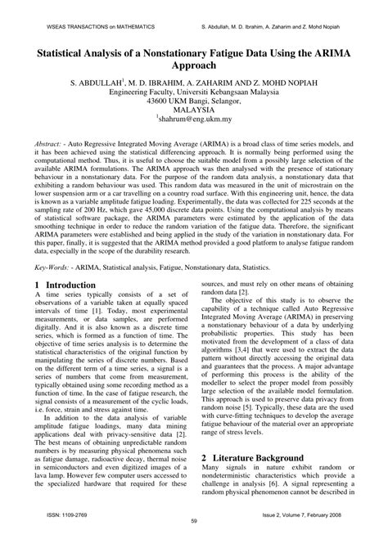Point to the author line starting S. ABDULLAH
[193, 83]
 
